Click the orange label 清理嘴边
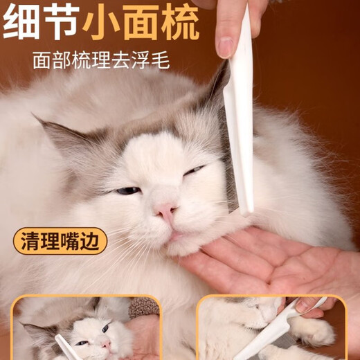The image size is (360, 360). (x=60, y=242)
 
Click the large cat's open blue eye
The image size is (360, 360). (x=127, y=190)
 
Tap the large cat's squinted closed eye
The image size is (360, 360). (x=193, y=170)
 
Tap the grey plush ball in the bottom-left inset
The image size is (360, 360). (x=143, y=307)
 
